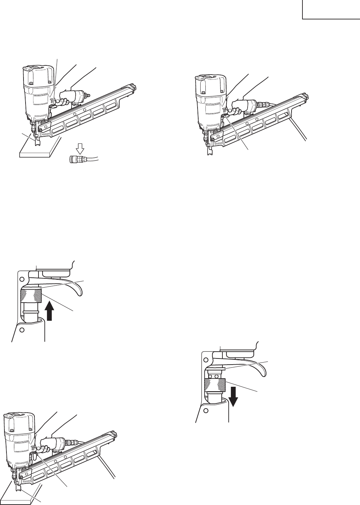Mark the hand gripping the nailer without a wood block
pos(240,102)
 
